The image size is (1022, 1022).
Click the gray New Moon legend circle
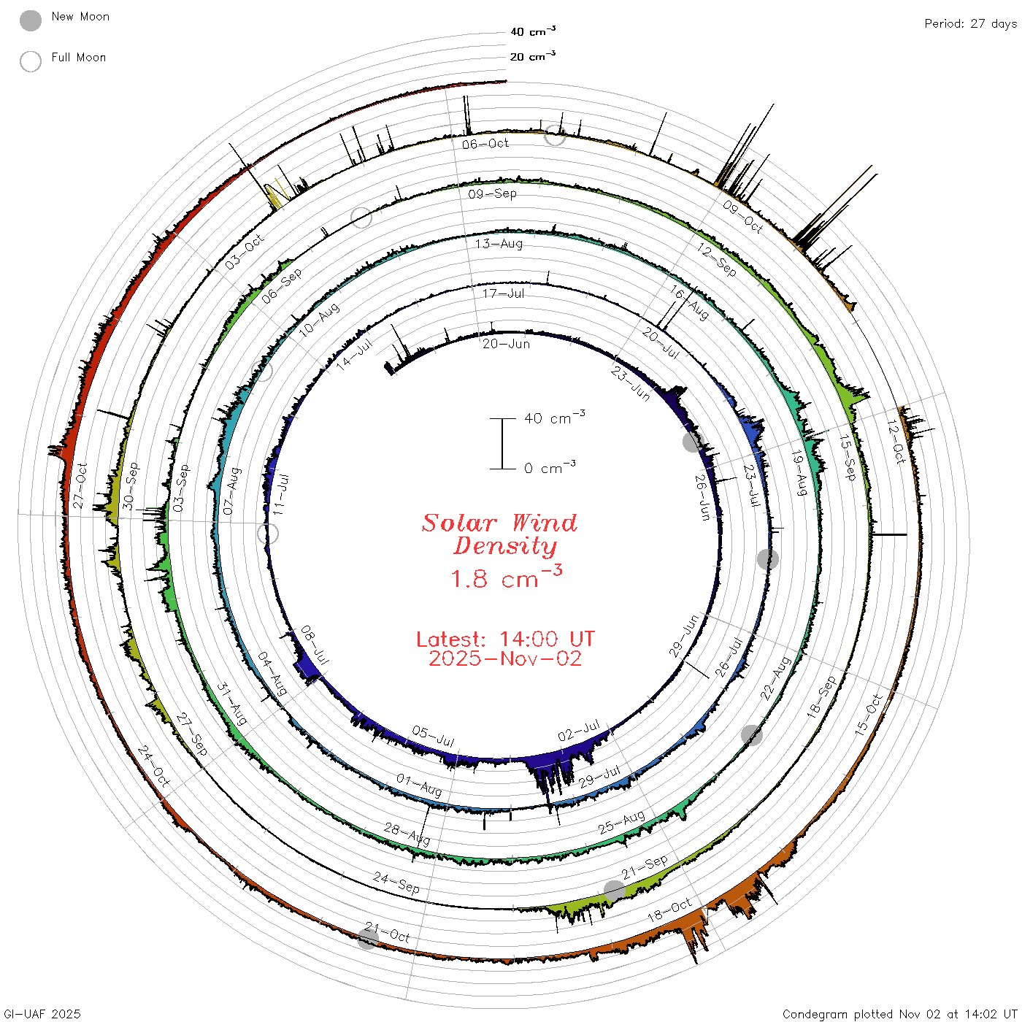click(30, 20)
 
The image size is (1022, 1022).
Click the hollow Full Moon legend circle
click(30, 61)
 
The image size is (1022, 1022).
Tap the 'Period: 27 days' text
click(970, 24)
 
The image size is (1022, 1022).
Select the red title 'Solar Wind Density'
click(499, 534)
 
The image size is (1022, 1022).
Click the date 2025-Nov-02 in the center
click(505, 658)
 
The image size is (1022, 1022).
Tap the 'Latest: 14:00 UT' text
click(505, 639)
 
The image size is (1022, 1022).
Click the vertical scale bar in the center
click(502, 444)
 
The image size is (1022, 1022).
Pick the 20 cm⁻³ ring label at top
click(532, 55)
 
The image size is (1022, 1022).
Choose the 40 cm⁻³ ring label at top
click(532, 31)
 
